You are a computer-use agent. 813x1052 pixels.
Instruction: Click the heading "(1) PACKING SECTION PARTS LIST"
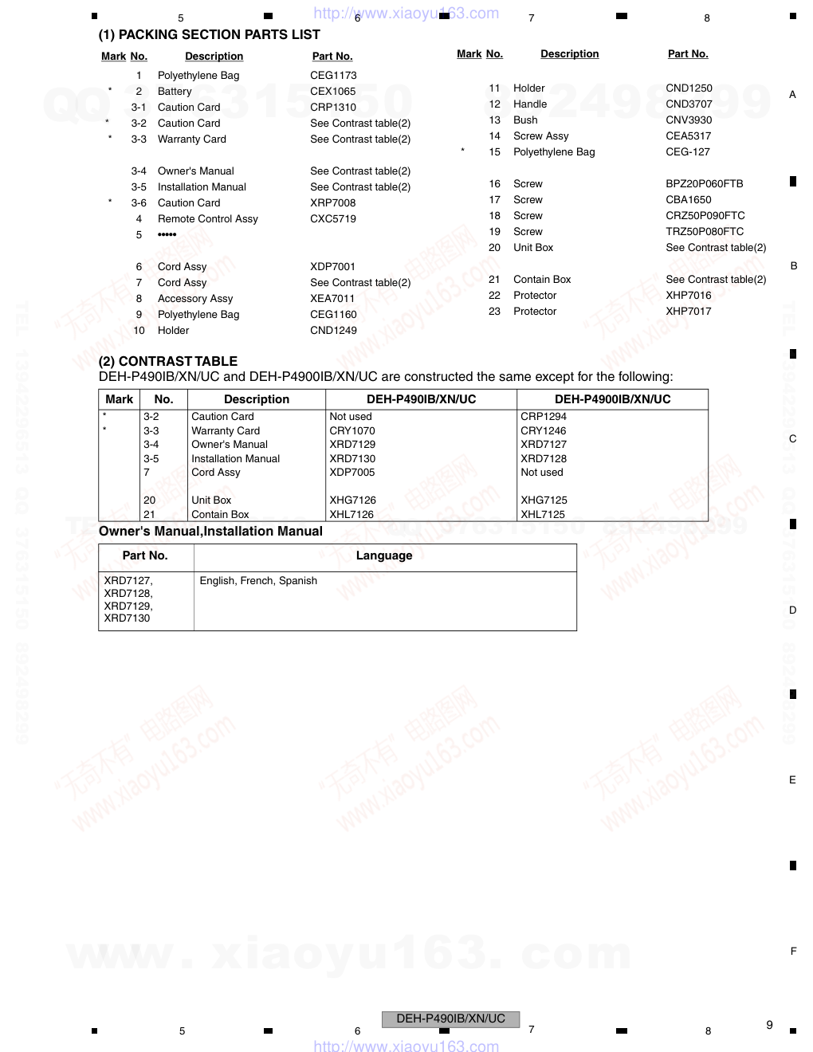(x=209, y=35)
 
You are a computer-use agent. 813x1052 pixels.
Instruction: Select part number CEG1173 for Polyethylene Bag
(x=333, y=76)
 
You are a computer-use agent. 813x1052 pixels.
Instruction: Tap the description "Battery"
(x=175, y=92)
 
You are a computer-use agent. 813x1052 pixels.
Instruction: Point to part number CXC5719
(x=333, y=219)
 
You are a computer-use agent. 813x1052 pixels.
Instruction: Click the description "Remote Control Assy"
(x=207, y=219)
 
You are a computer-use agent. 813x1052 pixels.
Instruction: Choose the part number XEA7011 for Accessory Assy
(x=332, y=299)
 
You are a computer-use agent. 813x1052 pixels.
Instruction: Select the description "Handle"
(x=530, y=104)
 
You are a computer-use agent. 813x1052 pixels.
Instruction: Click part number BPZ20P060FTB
(x=704, y=184)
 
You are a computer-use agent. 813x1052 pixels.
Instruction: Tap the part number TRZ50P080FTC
(x=705, y=232)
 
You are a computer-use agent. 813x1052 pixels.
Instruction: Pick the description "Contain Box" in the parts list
(x=542, y=280)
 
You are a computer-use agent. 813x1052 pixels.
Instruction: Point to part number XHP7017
(x=688, y=312)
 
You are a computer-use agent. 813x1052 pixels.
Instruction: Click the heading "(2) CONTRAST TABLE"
(x=168, y=361)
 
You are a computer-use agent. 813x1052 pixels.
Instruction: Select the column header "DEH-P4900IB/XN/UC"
(x=612, y=399)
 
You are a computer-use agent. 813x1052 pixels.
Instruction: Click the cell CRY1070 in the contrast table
(x=352, y=431)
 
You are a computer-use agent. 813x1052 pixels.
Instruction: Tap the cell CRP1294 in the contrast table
(x=543, y=417)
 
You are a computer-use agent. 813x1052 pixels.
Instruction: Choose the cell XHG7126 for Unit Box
(x=352, y=500)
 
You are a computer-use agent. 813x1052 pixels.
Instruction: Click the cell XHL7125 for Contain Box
(x=542, y=515)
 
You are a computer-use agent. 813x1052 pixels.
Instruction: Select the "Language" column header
(x=384, y=555)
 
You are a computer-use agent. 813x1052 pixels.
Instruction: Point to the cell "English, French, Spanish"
(x=258, y=581)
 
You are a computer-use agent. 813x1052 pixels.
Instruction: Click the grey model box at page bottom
(x=450, y=1019)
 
